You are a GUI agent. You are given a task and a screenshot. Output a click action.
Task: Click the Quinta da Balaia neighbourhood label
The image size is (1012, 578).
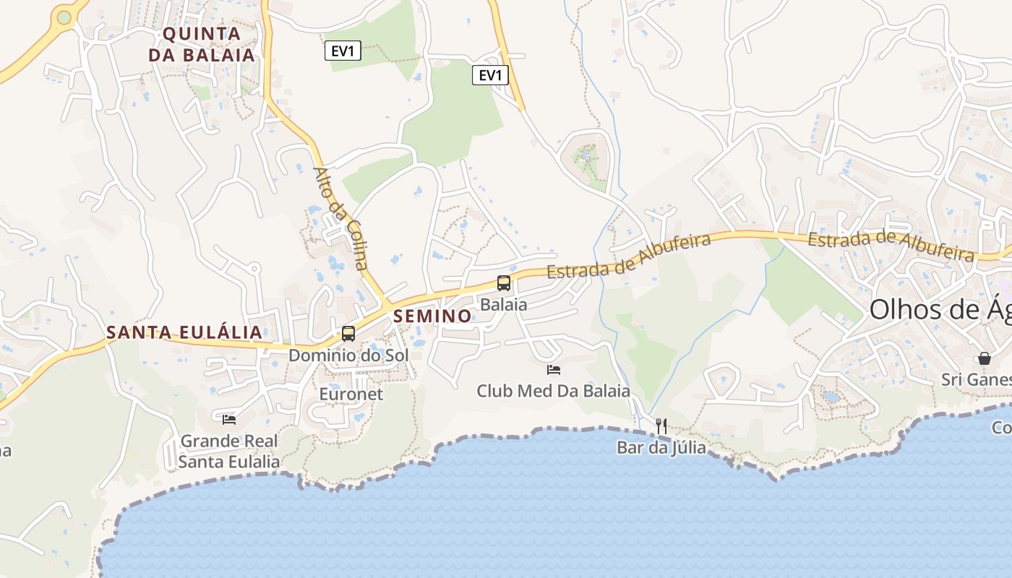tap(202, 44)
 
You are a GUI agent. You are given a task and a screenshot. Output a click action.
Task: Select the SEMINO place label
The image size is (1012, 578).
tap(432, 316)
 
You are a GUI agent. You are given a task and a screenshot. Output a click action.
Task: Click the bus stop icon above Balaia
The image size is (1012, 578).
tap(504, 283)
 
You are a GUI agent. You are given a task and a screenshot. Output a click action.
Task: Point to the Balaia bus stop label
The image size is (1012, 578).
tap(504, 304)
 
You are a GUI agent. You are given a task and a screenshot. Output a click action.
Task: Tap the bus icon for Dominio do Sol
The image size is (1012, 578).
tap(348, 333)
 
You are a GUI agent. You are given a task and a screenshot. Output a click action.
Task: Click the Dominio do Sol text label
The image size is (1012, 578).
tap(348, 355)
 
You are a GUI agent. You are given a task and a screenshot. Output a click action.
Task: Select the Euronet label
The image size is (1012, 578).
tap(351, 394)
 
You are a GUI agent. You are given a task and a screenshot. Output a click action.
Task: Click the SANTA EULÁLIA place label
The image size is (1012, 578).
tap(184, 332)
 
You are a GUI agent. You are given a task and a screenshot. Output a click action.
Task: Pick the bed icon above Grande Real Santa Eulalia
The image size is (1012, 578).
tap(229, 419)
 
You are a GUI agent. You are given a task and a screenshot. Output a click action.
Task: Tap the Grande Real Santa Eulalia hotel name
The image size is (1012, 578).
tap(229, 451)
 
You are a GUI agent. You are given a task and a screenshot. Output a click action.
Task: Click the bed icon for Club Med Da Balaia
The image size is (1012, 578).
tap(554, 370)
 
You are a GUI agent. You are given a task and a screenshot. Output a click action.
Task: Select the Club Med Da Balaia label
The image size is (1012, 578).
tap(553, 391)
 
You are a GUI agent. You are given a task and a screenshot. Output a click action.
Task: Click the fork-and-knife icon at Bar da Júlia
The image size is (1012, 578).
tap(661, 426)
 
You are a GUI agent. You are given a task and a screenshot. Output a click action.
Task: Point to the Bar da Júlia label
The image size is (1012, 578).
tap(661, 447)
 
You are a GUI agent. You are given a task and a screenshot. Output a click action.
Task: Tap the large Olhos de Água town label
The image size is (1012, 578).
tap(940, 309)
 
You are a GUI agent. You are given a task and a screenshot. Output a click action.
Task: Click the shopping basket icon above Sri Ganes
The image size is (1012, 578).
tap(984, 358)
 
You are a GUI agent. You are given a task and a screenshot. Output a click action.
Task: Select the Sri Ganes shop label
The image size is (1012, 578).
tap(976, 379)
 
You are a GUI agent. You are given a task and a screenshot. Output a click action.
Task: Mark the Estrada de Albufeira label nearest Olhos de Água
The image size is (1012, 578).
tap(891, 244)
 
